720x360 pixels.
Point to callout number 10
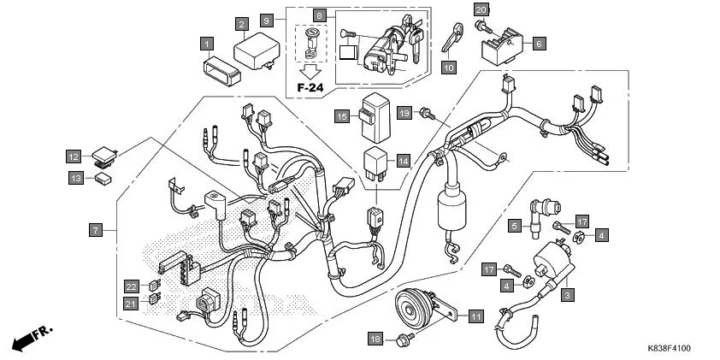point(449,66)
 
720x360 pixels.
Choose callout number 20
point(481,9)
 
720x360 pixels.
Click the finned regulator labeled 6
point(504,49)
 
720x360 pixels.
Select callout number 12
point(74,156)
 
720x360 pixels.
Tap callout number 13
point(74,178)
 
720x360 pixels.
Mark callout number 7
point(96,230)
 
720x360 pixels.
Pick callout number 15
point(341,116)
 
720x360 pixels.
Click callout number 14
point(403,160)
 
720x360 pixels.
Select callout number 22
point(131,286)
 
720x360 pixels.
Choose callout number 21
point(131,303)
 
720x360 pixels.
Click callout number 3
point(566,294)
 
